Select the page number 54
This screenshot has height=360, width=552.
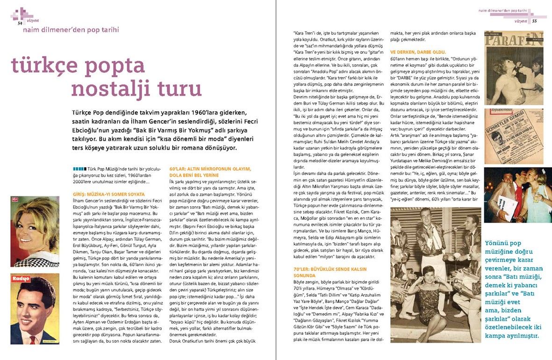tap(20, 22)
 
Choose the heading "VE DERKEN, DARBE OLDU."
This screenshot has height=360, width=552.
tap(418, 51)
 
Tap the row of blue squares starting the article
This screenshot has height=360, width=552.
tap(79, 168)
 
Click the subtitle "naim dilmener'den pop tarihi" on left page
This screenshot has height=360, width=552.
tap(71, 30)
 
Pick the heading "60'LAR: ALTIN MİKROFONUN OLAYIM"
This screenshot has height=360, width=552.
tap(210, 169)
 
